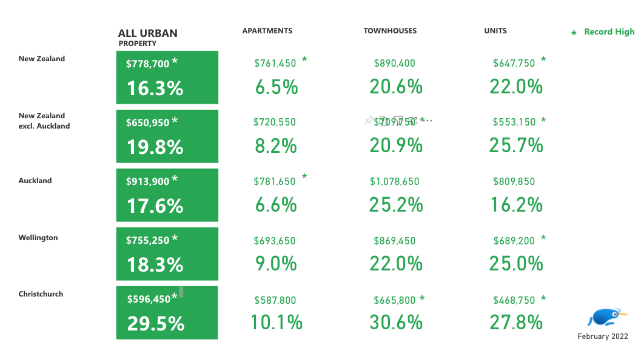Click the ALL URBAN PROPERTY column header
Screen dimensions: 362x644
pos(147,37)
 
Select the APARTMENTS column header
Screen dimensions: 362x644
pos(267,31)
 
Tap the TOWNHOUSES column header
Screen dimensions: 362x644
pos(390,31)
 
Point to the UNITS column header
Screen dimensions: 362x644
pos(495,31)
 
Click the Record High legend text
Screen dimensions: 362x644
pos(609,32)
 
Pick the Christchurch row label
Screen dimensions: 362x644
pos(41,294)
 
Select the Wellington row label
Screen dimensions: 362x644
pos(38,238)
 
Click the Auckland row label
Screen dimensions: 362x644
pos(35,181)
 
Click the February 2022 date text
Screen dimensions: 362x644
pos(602,337)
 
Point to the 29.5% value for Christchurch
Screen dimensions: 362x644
pos(155,323)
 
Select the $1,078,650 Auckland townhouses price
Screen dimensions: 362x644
pos(394,181)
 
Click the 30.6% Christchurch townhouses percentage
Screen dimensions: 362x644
pos(396,323)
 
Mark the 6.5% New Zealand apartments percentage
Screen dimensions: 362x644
pos(277,87)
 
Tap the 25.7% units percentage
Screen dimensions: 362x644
pos(516,146)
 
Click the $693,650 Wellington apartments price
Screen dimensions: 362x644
pos(274,241)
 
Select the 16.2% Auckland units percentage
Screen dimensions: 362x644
pos(516,204)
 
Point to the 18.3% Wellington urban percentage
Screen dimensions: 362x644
pos(155,264)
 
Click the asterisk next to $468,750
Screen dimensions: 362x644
pos(543,299)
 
